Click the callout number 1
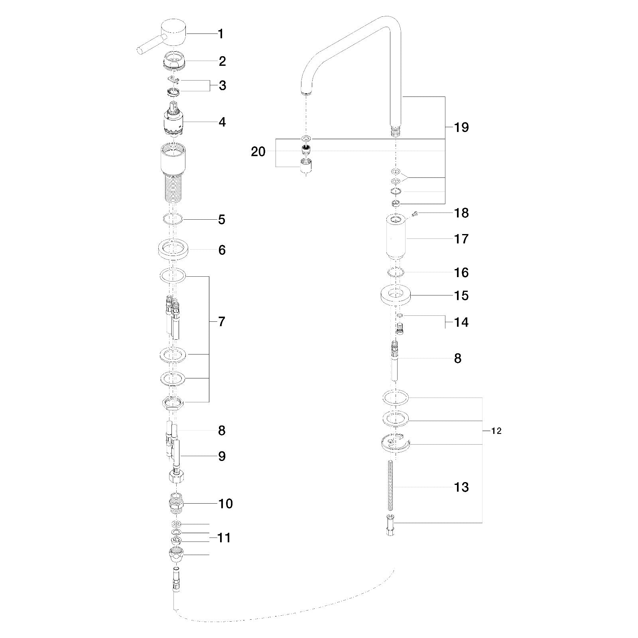tap(221, 34)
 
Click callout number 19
tap(461, 128)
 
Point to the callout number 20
tap(258, 152)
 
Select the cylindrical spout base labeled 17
tap(396, 237)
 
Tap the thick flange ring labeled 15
tap(395, 295)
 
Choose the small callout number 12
tap(497, 431)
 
